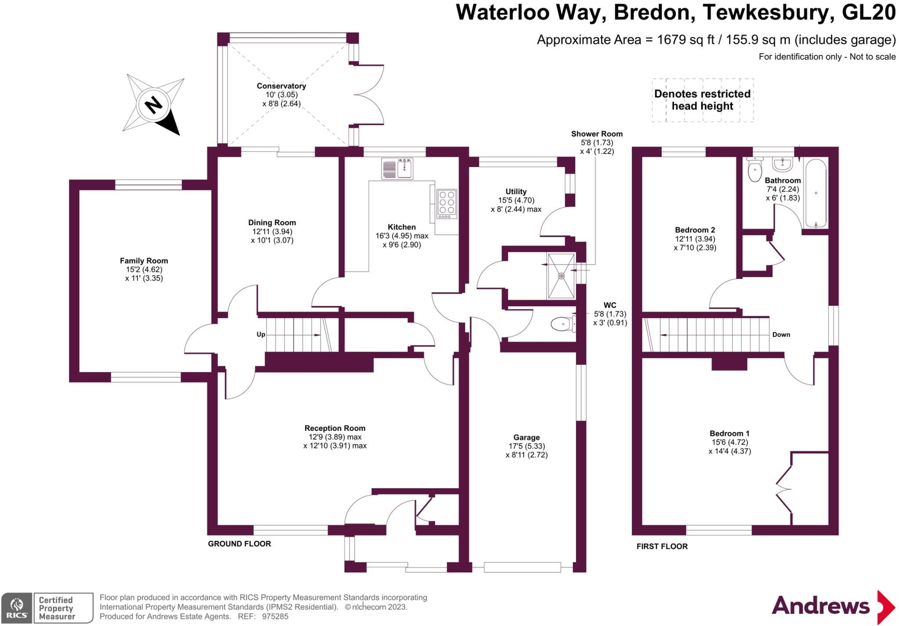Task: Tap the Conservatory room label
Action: click(281, 86)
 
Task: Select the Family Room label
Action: click(144, 261)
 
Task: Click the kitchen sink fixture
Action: click(397, 168)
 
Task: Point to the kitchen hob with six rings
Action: click(447, 204)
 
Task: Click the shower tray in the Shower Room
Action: click(561, 276)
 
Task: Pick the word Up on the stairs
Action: click(261, 335)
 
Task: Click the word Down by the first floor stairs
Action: click(781, 335)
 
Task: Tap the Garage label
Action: click(526, 437)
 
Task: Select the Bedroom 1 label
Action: click(730, 433)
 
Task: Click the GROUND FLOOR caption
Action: click(239, 544)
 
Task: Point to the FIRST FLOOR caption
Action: click(662, 547)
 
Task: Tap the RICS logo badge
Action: click(17, 608)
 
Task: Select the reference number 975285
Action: click(275, 616)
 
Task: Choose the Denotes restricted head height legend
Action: click(702, 100)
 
